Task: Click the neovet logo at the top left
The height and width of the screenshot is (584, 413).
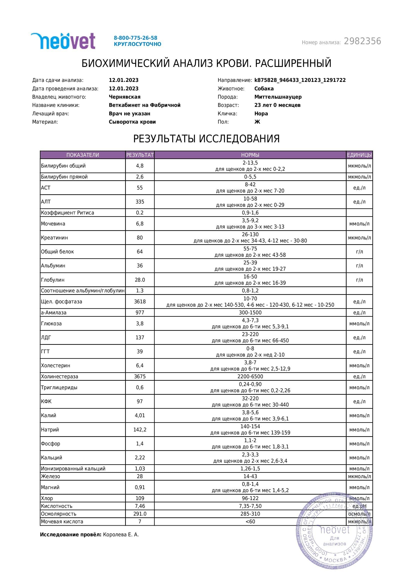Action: point(63,41)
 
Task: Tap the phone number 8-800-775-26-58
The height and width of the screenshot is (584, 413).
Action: point(135,38)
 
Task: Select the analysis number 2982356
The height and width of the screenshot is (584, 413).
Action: point(362,41)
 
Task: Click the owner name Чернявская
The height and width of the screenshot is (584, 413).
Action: point(125,97)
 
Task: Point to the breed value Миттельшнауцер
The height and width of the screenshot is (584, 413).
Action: point(278,97)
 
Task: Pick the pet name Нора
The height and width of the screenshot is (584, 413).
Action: point(261,113)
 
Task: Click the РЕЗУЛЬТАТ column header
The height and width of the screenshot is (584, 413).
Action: point(140,155)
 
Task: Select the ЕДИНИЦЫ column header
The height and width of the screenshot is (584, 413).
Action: point(359,155)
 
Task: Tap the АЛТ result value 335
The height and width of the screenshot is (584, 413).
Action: point(140,202)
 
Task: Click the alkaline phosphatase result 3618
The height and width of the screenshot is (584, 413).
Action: point(140,302)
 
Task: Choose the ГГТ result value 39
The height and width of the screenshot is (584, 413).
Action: point(140,352)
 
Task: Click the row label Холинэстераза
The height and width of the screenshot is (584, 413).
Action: point(59,377)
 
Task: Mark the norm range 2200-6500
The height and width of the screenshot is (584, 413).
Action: point(250,377)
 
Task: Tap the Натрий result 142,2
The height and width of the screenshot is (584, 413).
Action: point(140,430)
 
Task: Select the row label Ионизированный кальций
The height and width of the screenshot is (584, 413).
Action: point(73,468)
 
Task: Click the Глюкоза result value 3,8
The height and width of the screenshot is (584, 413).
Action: point(140,324)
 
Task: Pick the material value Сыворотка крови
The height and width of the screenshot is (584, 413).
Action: point(132,122)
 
